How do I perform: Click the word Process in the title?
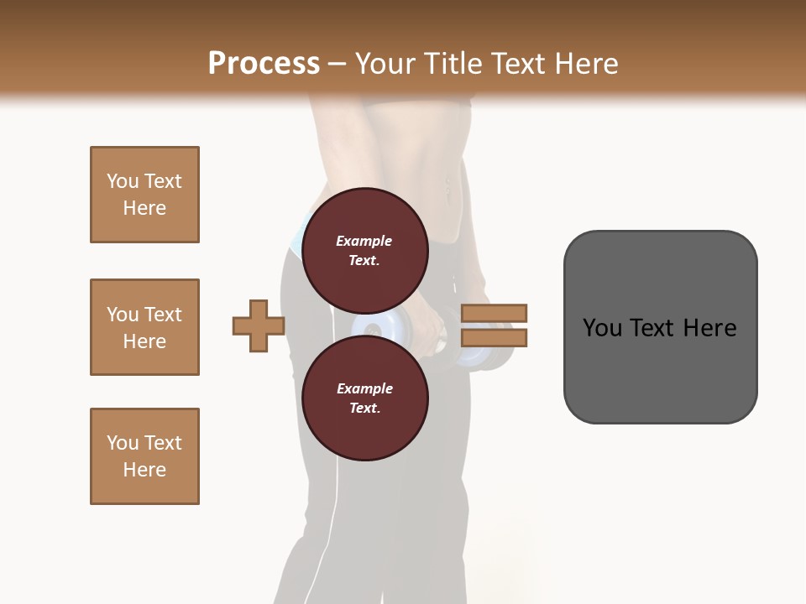click(264, 64)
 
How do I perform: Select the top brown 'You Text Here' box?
click(144, 195)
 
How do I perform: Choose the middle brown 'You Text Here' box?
click(144, 327)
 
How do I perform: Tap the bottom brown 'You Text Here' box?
click(144, 456)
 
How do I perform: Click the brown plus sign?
click(259, 325)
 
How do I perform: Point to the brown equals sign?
click(494, 325)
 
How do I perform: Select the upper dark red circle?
click(364, 250)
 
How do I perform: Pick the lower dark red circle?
click(364, 398)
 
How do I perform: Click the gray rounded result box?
click(660, 326)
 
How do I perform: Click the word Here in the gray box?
click(710, 327)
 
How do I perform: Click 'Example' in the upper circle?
click(364, 241)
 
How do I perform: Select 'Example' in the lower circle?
click(364, 388)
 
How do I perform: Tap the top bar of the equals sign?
click(494, 313)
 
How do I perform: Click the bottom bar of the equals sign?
click(494, 338)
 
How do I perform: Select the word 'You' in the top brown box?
click(122, 181)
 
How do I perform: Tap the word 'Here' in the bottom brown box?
click(144, 470)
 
